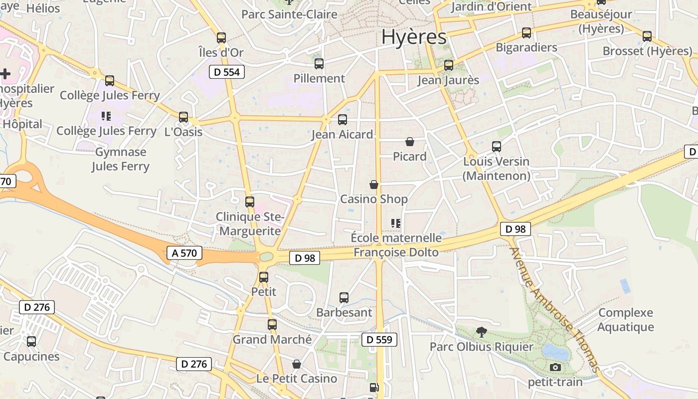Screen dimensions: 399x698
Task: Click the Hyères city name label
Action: point(414,37)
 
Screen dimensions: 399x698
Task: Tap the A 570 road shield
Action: point(184,253)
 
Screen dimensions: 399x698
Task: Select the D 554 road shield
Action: point(226,72)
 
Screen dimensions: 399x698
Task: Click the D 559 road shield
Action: point(379,340)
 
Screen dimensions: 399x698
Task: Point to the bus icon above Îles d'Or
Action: point(221,38)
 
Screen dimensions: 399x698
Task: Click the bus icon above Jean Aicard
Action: point(342,120)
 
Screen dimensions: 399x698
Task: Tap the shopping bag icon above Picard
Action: point(410,142)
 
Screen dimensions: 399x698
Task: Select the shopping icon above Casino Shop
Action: point(374,185)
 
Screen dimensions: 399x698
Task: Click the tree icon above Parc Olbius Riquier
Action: point(482,332)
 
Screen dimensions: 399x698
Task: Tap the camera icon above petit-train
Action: point(555,368)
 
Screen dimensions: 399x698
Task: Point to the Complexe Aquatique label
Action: point(625,320)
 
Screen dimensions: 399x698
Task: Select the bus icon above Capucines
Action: point(31,342)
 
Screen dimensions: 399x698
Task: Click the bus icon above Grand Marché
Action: point(272,325)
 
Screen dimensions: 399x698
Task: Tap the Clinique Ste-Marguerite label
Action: point(250,224)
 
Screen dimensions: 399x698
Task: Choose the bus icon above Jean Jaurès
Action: point(449,65)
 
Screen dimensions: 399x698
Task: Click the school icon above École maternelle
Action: point(396,223)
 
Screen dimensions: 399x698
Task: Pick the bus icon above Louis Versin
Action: point(497,147)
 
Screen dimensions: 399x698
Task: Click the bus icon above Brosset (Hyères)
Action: point(647,36)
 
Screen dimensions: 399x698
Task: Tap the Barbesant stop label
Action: point(344,313)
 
